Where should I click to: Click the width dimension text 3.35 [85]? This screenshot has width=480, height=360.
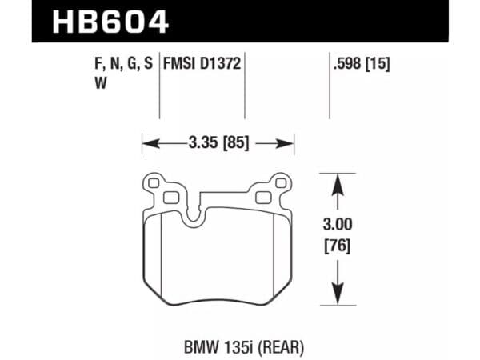pos(218,144)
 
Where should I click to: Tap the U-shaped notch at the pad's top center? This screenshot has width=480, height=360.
pos(194,210)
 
